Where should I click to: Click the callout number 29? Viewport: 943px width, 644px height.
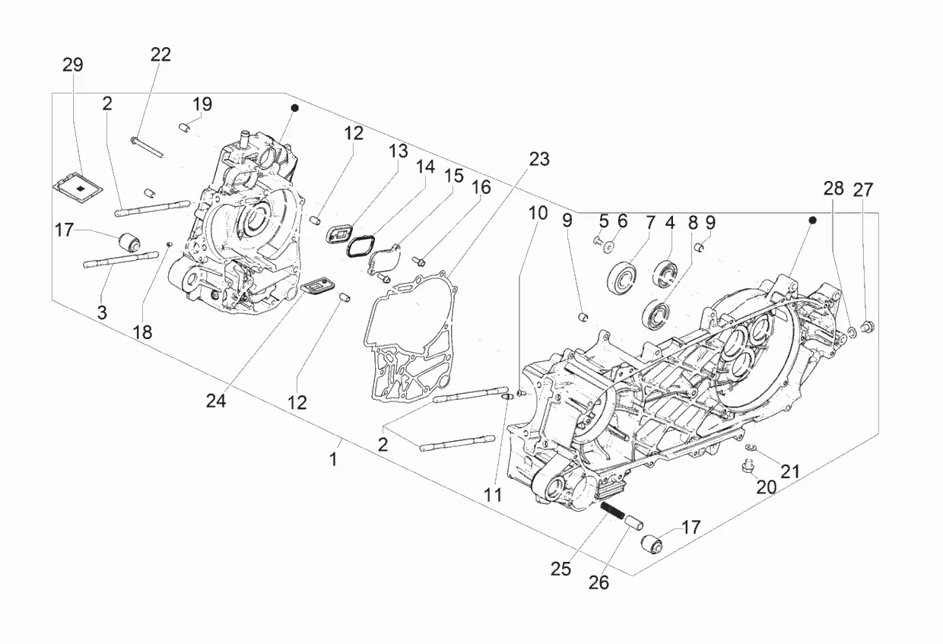tap(73, 65)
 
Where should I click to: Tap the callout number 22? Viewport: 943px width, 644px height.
tap(160, 55)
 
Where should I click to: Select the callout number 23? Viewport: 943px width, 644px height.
tap(539, 159)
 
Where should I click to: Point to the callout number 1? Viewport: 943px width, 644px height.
tap(333, 459)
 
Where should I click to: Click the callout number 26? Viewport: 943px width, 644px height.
tap(599, 582)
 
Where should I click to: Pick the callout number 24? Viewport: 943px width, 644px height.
tap(216, 401)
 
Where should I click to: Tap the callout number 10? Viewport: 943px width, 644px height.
tap(538, 213)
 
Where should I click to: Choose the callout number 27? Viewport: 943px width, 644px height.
tap(863, 190)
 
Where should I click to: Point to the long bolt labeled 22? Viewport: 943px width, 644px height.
tap(148, 147)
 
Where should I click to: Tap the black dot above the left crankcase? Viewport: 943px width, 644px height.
tap(295, 108)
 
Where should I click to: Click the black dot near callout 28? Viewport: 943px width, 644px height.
tap(813, 220)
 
